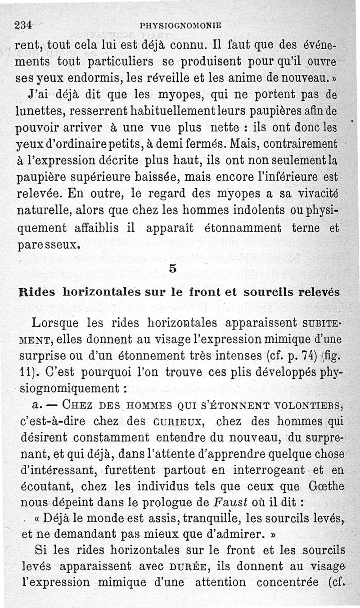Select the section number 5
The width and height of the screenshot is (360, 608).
point(173,269)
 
